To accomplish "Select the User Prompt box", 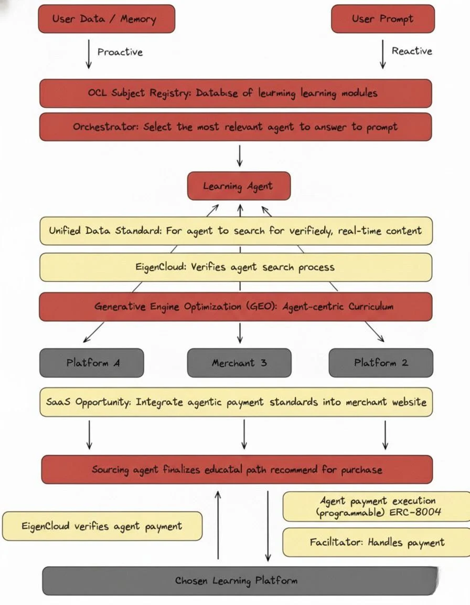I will [383, 19].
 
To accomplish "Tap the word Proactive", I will [120, 52].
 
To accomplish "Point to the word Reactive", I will [412, 51].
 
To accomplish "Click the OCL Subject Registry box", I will [236, 93].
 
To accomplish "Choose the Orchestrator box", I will [236, 127].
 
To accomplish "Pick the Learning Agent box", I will [239, 186].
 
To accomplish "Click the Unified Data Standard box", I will [236, 231].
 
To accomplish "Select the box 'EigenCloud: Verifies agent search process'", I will [236, 267].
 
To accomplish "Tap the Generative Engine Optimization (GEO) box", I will [236, 306].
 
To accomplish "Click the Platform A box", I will [91, 362].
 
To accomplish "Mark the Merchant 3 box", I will [239, 362].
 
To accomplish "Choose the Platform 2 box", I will [381, 362].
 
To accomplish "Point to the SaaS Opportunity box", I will [236, 402].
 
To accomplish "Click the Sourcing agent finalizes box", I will [237, 469].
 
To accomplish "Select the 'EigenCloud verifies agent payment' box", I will [102, 526].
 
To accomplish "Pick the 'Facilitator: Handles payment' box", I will [377, 542].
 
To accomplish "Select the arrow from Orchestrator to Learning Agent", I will [239, 155].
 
